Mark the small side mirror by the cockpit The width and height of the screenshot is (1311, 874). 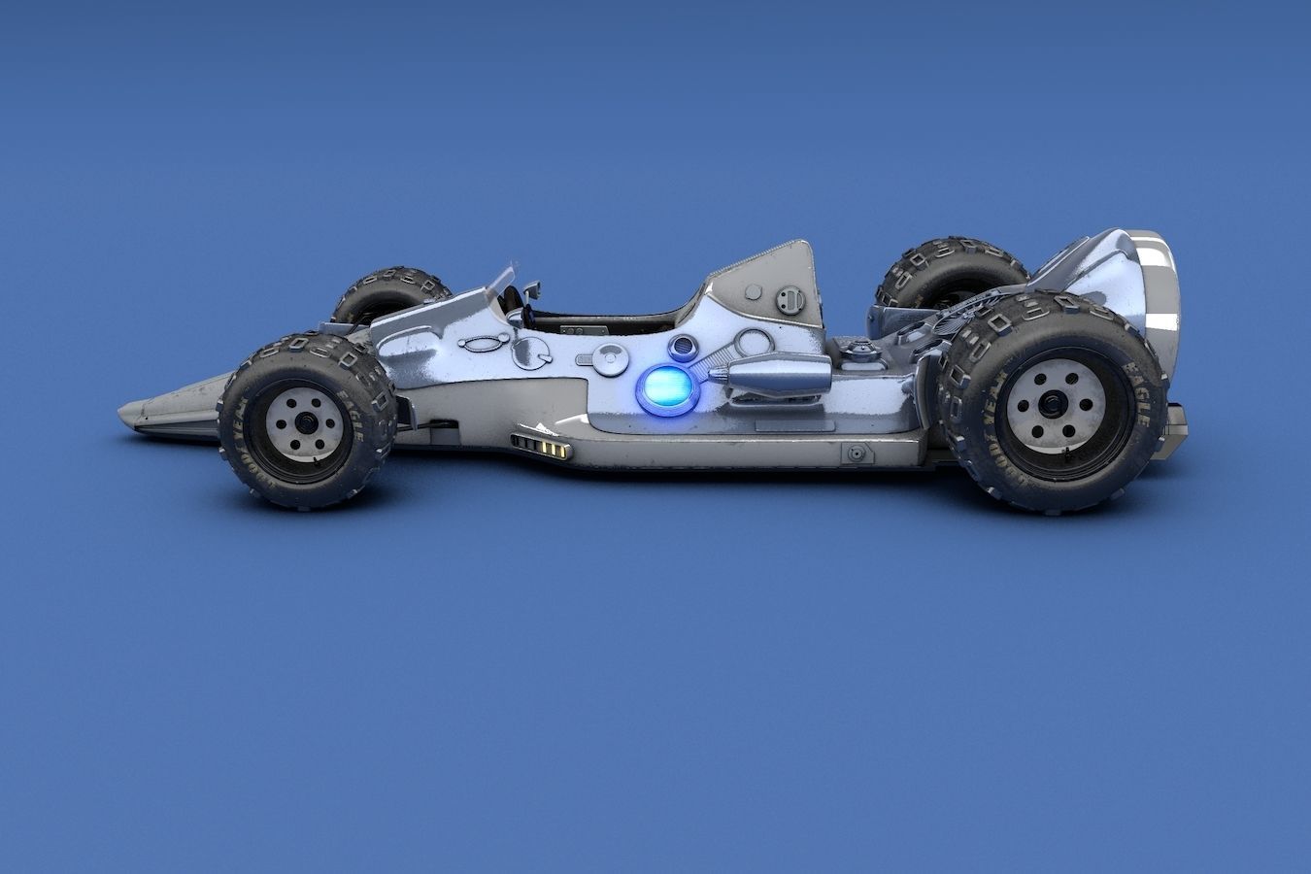tap(531, 288)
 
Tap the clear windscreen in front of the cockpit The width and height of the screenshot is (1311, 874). tap(503, 282)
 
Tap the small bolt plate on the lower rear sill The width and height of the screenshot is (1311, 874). tap(857, 453)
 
